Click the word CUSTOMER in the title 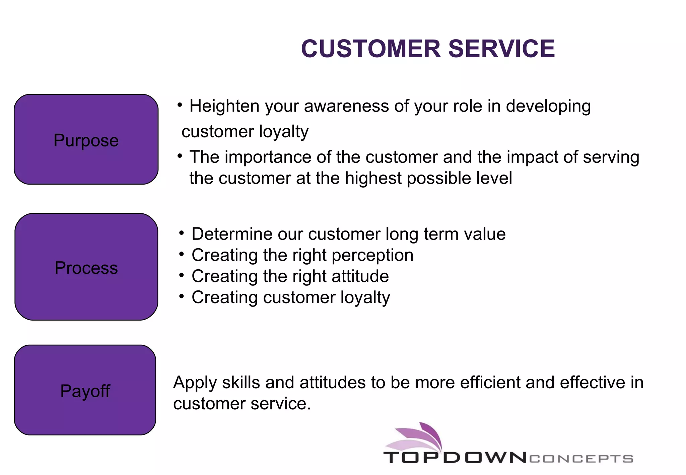point(370,49)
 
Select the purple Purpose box point(86,140)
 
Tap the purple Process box point(86,267)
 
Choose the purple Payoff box point(85,390)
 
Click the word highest point(373,178)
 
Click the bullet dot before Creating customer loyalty point(182,296)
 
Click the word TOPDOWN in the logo point(455,458)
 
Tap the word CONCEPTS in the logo point(581,459)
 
